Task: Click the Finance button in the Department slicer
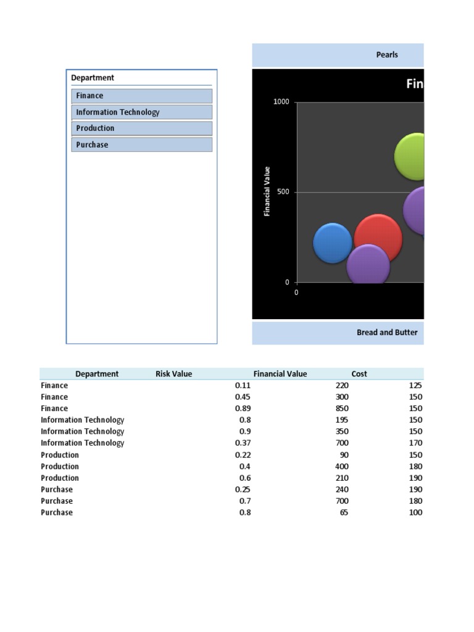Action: coord(141,96)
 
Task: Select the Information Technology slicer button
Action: coord(141,112)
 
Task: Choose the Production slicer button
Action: coord(141,128)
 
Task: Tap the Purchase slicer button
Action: coord(141,145)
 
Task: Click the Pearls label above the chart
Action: coord(387,55)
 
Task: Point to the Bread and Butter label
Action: coord(387,333)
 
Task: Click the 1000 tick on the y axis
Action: coord(281,102)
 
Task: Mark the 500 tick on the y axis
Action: coord(283,192)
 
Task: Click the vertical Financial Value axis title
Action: coord(267,191)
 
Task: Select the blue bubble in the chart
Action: coord(332,243)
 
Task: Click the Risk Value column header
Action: coord(173,374)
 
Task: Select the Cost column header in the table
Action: coord(359,374)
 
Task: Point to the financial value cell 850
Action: coord(341,409)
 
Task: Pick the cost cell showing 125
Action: coord(415,385)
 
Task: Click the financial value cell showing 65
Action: coord(343,513)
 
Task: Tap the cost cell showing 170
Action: coord(415,443)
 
